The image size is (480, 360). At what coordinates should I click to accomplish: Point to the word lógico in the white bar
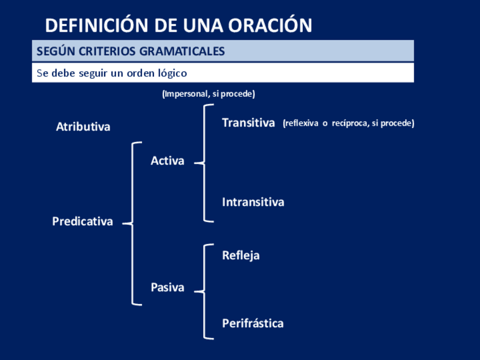tap(171, 74)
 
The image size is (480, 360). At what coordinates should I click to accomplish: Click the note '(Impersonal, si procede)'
tap(208, 94)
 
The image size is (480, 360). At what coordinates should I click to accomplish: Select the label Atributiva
tap(83, 127)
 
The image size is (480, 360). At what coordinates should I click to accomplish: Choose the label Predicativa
tap(82, 222)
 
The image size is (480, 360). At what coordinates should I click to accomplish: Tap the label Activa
tap(167, 161)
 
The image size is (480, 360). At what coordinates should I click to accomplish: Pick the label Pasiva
tap(167, 288)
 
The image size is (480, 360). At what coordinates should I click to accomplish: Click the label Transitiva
tap(248, 123)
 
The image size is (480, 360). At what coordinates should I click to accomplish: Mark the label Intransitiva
tap(252, 202)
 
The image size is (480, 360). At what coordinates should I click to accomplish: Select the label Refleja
tap(241, 255)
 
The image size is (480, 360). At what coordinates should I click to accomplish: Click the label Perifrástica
tap(252, 324)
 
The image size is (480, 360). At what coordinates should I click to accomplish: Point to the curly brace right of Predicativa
tap(134, 224)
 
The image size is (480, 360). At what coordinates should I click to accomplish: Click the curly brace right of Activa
tap(204, 163)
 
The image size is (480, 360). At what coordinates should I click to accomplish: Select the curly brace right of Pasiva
tap(204, 292)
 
